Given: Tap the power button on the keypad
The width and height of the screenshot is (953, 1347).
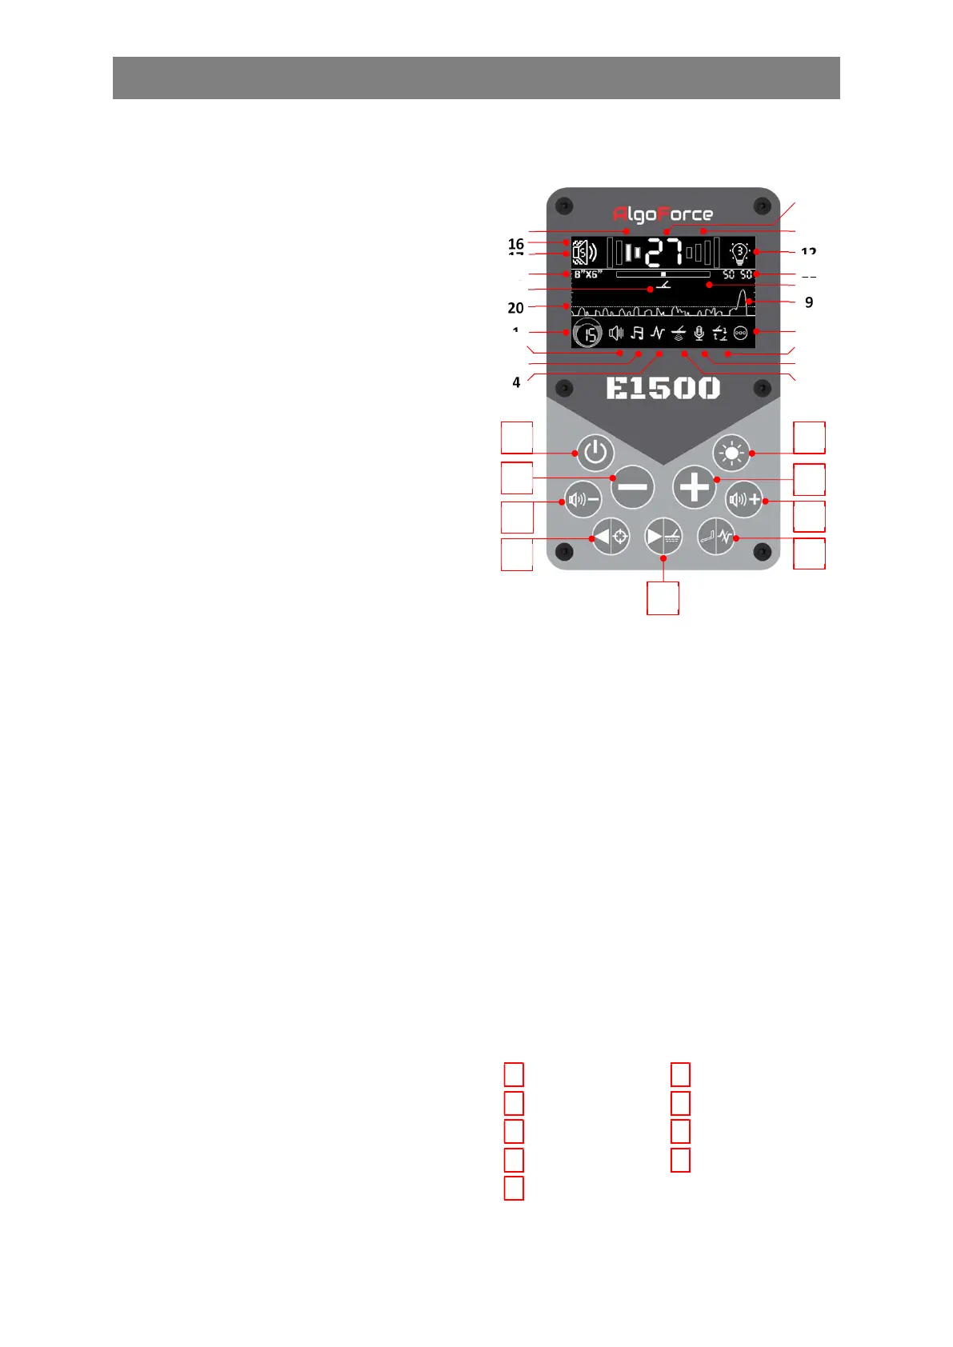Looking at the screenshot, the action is pyautogui.click(x=595, y=453).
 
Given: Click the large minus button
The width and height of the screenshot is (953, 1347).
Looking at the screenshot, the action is pyautogui.click(x=632, y=487).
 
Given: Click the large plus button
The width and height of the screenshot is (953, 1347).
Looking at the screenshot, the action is pyautogui.click(x=694, y=487).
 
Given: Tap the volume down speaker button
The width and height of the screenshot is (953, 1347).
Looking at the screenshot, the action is pyautogui.click(x=583, y=501).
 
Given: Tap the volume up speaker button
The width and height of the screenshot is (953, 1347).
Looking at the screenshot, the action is pyautogui.click(x=744, y=501).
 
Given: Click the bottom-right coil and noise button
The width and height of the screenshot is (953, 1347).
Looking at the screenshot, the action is pyautogui.click(x=716, y=537).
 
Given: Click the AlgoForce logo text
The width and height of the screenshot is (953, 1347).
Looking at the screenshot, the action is pyautogui.click(x=663, y=214).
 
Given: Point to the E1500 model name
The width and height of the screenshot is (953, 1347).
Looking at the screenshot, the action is pyautogui.click(x=663, y=389).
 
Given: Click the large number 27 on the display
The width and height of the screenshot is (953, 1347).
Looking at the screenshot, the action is pyautogui.click(x=665, y=253).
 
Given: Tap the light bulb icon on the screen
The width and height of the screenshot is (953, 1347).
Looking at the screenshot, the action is pyautogui.click(x=739, y=254).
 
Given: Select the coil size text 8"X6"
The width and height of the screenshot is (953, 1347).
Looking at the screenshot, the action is pyautogui.click(x=588, y=274).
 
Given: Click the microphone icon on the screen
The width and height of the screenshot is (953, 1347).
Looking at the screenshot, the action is pyautogui.click(x=699, y=333).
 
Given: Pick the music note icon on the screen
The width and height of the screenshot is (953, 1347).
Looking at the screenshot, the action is pyautogui.click(x=637, y=333).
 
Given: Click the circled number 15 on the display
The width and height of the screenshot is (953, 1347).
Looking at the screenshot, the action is pyautogui.click(x=588, y=334).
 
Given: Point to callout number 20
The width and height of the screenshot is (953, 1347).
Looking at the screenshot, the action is pyautogui.click(x=516, y=308).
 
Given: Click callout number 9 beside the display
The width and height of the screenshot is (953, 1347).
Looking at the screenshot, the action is pyautogui.click(x=809, y=302).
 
